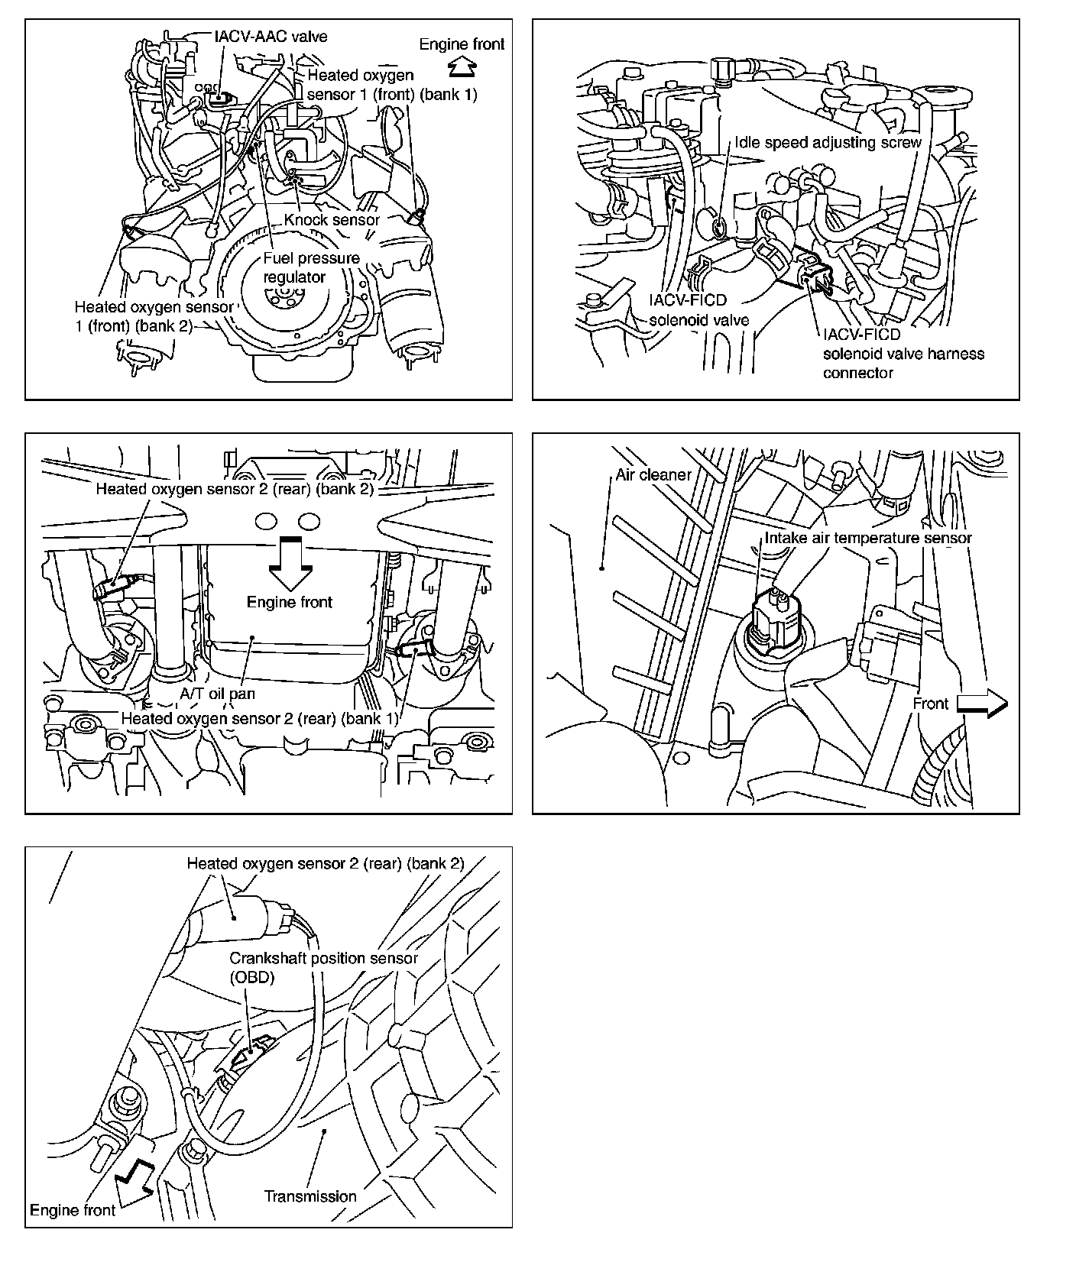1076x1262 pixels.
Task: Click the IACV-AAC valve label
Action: click(x=271, y=36)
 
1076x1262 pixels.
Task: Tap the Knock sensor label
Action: click(x=332, y=219)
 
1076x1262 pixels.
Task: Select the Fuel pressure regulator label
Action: click(x=311, y=267)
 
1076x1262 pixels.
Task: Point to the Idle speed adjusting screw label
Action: click(x=828, y=143)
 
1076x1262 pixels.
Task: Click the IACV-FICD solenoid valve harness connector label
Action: click(x=903, y=354)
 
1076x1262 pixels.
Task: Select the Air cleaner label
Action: click(x=653, y=474)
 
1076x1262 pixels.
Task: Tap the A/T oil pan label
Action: click(x=217, y=694)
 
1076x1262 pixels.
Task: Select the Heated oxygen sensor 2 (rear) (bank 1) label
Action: click(x=260, y=719)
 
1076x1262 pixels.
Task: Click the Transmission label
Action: click(x=310, y=1196)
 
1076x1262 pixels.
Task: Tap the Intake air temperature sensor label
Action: click(x=868, y=538)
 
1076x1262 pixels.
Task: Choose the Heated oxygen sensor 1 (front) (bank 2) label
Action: click(x=154, y=316)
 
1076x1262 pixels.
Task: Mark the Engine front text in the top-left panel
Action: click(x=462, y=44)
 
